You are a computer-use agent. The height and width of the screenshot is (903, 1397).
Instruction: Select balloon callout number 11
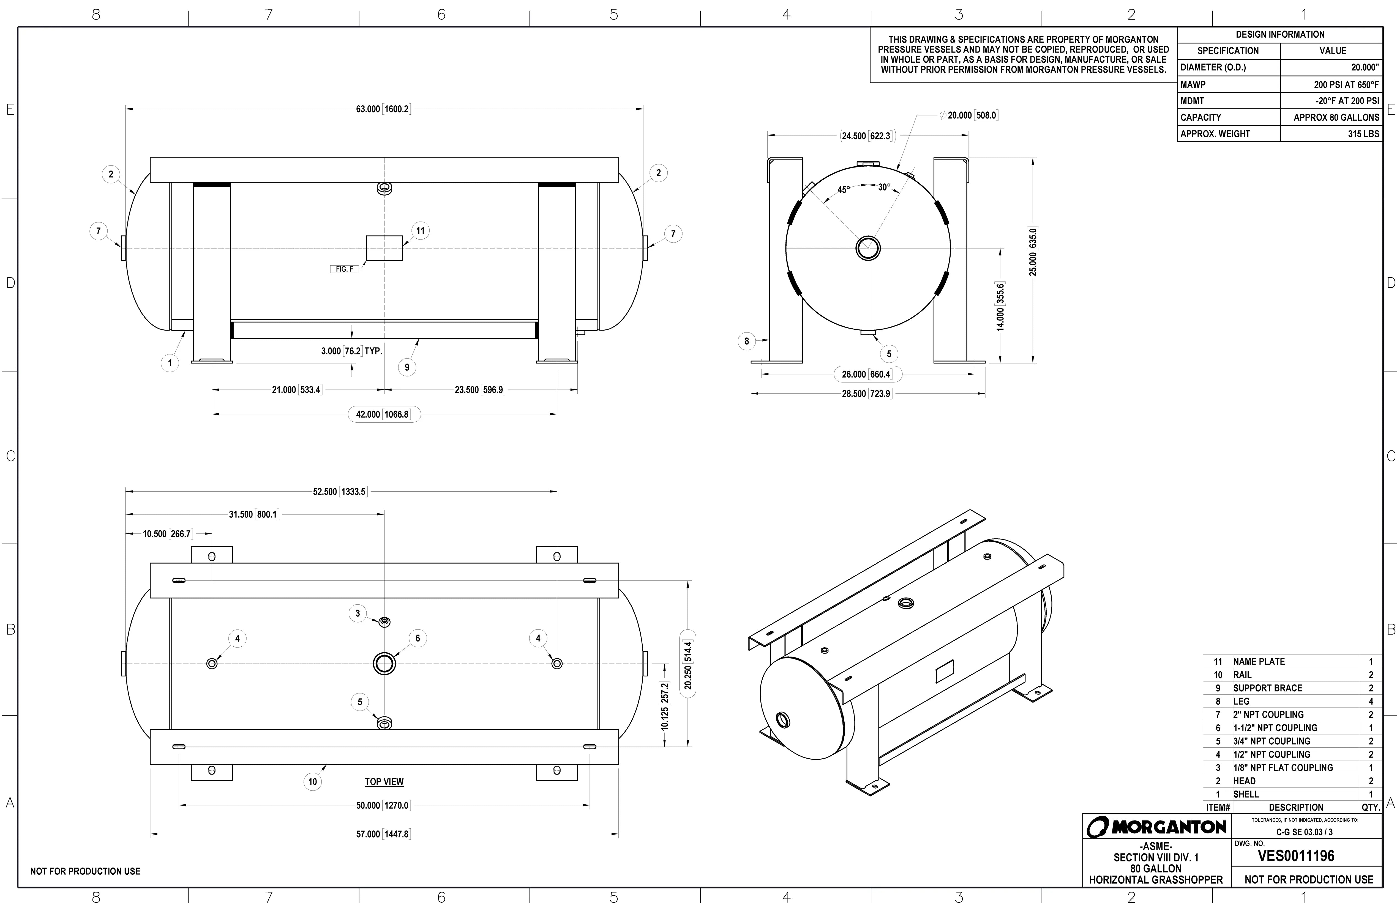[420, 230]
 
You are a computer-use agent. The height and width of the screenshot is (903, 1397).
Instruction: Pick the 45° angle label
[843, 190]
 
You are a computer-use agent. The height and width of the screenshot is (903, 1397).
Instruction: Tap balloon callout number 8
[746, 341]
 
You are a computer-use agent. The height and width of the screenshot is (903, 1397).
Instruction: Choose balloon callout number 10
[312, 782]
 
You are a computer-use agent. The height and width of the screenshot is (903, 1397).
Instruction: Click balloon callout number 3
[357, 613]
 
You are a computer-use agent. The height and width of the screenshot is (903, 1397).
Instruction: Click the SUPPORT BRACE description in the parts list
[1267, 689]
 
